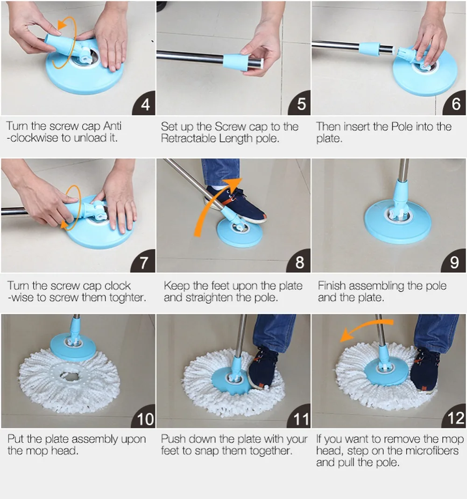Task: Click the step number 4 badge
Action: pos(144,103)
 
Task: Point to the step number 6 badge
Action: pos(454,103)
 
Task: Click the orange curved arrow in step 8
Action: pos(210,204)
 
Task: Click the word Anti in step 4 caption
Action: pos(112,126)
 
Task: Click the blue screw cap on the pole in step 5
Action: pos(235,62)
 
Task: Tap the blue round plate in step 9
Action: pos(397,221)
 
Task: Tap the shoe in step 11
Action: pos(263,369)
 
